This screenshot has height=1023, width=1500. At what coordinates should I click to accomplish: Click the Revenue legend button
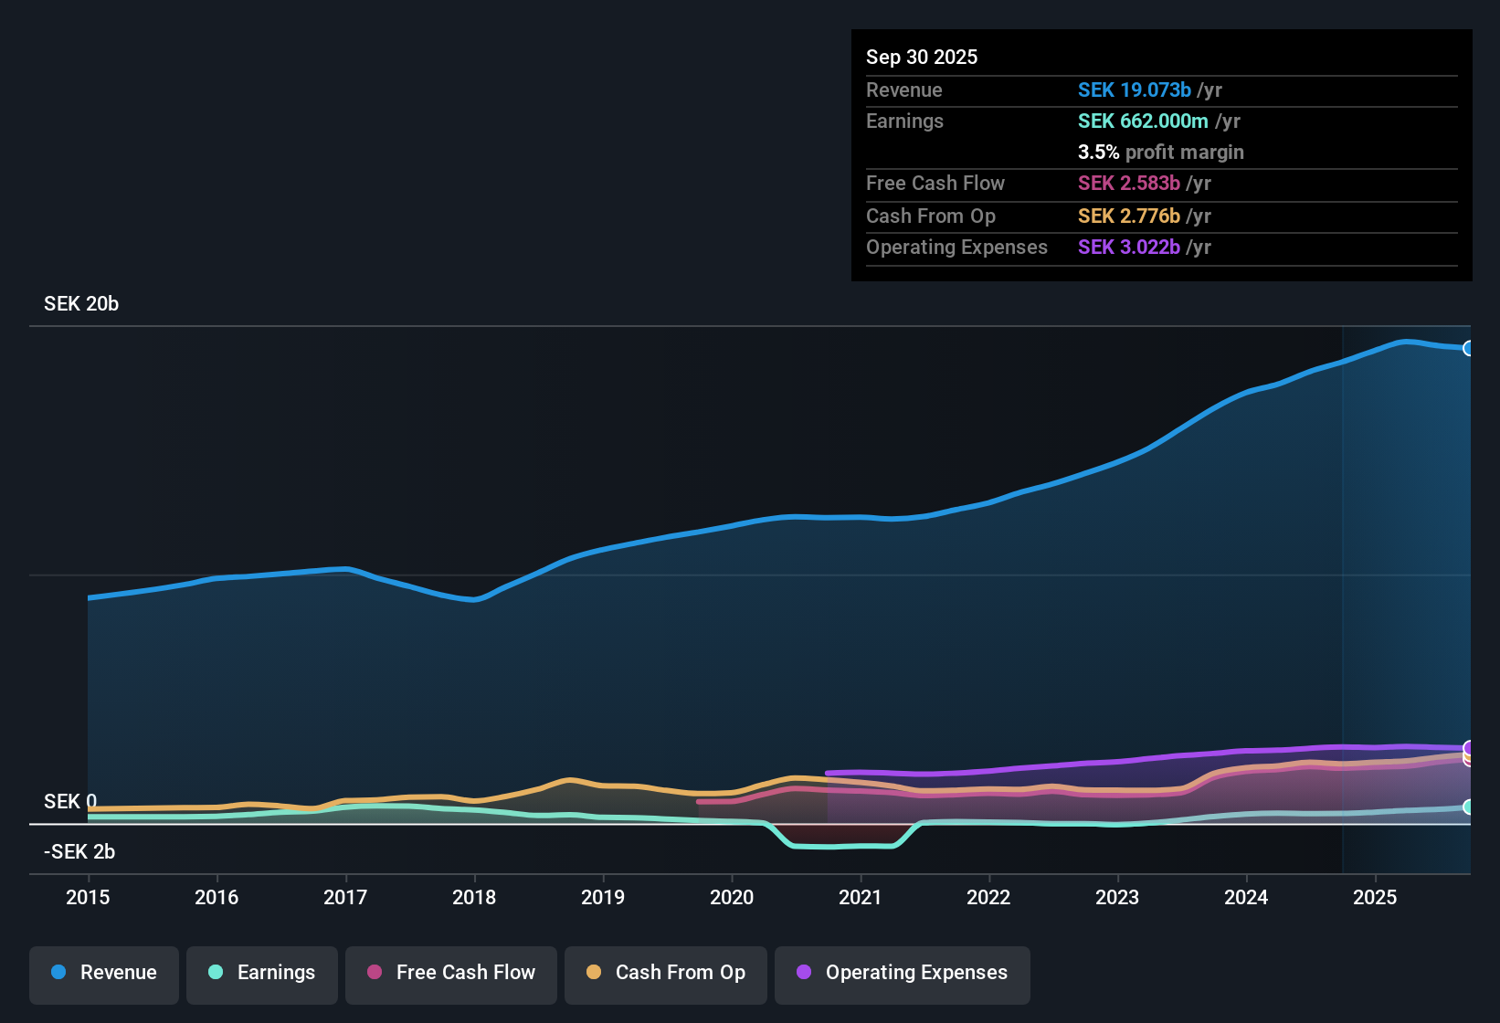pyautogui.click(x=104, y=973)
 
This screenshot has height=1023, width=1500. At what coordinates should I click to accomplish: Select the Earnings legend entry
pyautogui.click(x=262, y=973)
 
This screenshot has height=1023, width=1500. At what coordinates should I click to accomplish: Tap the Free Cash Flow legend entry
pyautogui.click(x=451, y=973)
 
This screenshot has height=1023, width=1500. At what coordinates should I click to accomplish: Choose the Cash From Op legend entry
pyautogui.click(x=666, y=973)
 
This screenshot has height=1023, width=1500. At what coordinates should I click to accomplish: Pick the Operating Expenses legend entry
pyautogui.click(x=903, y=973)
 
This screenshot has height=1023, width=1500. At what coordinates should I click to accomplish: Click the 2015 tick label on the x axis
pyautogui.click(x=88, y=897)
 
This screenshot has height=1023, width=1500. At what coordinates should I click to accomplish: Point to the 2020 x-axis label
pyautogui.click(x=732, y=897)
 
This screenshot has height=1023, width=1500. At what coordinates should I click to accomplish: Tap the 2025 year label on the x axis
pyautogui.click(x=1375, y=897)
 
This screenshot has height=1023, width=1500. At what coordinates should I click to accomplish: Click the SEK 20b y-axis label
pyautogui.click(x=81, y=304)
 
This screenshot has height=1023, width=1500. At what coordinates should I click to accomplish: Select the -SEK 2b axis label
pyautogui.click(x=79, y=852)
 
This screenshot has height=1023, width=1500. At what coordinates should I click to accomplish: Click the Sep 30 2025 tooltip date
pyautogui.click(x=922, y=58)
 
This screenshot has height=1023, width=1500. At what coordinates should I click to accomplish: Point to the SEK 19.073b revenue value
pyautogui.click(x=1134, y=90)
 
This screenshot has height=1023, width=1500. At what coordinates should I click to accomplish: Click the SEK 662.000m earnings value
pyautogui.click(x=1143, y=121)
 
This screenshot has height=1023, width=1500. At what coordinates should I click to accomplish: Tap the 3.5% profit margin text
pyautogui.click(x=1160, y=153)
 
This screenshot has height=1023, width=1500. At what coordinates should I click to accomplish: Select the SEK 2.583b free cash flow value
pyautogui.click(x=1128, y=184)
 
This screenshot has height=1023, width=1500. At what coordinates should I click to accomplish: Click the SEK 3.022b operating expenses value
pyautogui.click(x=1128, y=248)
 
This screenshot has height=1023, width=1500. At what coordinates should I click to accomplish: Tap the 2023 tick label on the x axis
pyautogui.click(x=1117, y=897)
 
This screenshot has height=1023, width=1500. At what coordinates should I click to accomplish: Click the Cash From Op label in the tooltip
pyautogui.click(x=931, y=216)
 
